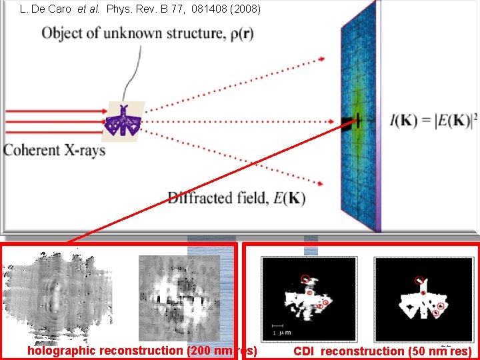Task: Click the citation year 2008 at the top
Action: point(246,10)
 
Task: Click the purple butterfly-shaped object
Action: point(124,121)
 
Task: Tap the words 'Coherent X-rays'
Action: point(55,150)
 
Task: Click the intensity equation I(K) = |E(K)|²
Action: point(434,121)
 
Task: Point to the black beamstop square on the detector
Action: point(347,121)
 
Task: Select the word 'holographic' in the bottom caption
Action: point(61,351)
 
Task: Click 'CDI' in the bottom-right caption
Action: point(305,351)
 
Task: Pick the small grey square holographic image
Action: point(179,297)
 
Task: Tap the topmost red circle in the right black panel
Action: point(419,280)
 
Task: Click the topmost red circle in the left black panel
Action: point(305,279)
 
